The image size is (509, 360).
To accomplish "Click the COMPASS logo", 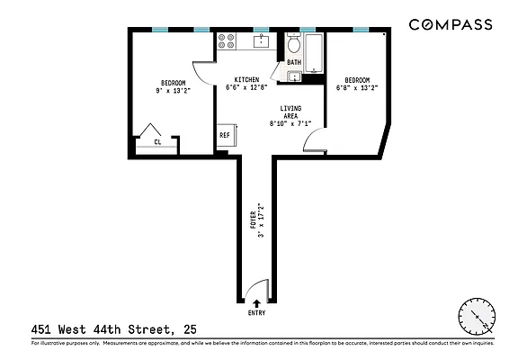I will [451, 24].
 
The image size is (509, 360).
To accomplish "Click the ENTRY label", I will [257, 313].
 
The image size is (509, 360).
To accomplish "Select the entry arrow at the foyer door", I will [257, 303].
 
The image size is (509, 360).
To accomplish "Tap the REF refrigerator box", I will [225, 136].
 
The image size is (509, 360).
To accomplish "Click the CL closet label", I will [157, 141].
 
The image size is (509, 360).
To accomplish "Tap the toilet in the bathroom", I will [293, 44].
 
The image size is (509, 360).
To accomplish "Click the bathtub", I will [314, 52].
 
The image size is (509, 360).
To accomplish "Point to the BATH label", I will [294, 62].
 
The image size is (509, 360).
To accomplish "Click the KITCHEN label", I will [247, 78].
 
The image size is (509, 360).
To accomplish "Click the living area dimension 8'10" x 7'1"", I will [285, 124].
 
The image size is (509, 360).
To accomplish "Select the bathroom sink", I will [294, 76].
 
